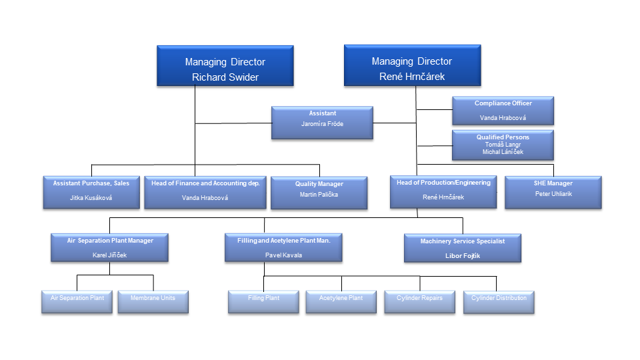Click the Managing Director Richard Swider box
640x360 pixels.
(x=225, y=66)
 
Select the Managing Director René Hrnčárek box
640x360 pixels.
(x=412, y=65)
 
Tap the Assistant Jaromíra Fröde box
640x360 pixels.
(x=322, y=122)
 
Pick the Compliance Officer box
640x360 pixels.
(x=503, y=111)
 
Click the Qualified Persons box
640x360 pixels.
(x=503, y=145)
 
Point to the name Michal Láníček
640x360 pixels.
(x=503, y=152)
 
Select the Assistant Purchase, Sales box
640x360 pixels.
(x=91, y=192)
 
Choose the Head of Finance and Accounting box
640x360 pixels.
(x=205, y=192)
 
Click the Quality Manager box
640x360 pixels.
(x=319, y=193)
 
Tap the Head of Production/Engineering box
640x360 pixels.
(x=443, y=191)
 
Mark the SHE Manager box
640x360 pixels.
(x=553, y=192)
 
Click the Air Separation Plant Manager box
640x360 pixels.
(x=109, y=247)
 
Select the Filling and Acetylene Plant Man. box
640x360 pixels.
(x=283, y=247)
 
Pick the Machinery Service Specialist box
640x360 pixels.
(x=462, y=247)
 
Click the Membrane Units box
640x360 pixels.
(x=153, y=301)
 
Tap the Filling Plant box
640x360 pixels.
(x=263, y=301)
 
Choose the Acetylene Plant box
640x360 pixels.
(x=341, y=301)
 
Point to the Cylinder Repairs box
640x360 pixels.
(x=420, y=301)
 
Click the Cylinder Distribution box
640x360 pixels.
(x=499, y=301)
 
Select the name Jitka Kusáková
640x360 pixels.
(x=91, y=198)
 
